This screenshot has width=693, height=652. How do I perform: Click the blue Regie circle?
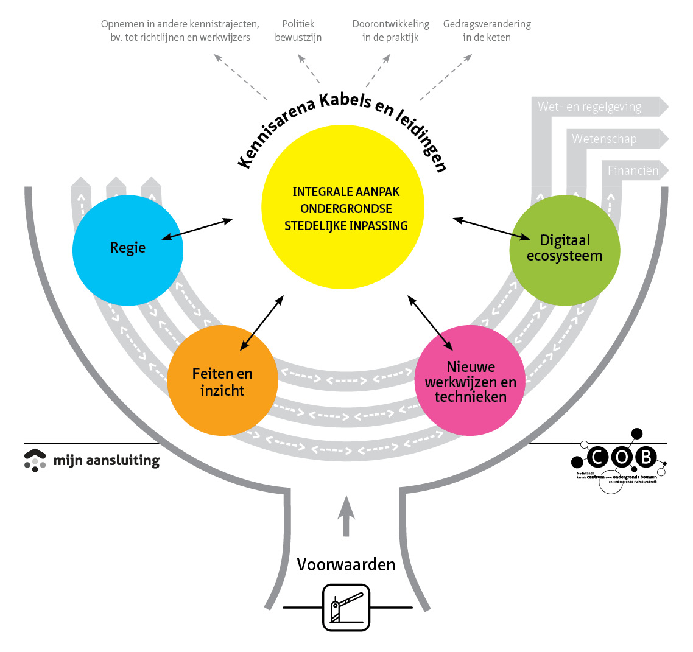[127, 250]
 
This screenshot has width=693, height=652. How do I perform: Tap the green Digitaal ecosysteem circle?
[565, 250]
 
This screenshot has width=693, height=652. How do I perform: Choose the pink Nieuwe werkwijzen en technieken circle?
[470, 380]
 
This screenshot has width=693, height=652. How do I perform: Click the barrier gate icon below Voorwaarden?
[346, 607]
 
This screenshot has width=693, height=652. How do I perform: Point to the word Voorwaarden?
[346, 564]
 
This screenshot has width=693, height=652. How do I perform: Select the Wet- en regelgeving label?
[589, 107]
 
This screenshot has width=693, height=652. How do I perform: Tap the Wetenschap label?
[603, 139]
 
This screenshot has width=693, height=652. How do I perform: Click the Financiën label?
[633, 170]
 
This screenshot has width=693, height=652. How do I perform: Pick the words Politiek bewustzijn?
[298, 30]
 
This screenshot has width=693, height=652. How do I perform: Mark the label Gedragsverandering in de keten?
[487, 30]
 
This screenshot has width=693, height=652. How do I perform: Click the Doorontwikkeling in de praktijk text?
[390, 30]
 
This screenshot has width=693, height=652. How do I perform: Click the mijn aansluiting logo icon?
[35, 460]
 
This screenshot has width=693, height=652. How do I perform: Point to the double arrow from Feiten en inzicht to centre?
[262, 323]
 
